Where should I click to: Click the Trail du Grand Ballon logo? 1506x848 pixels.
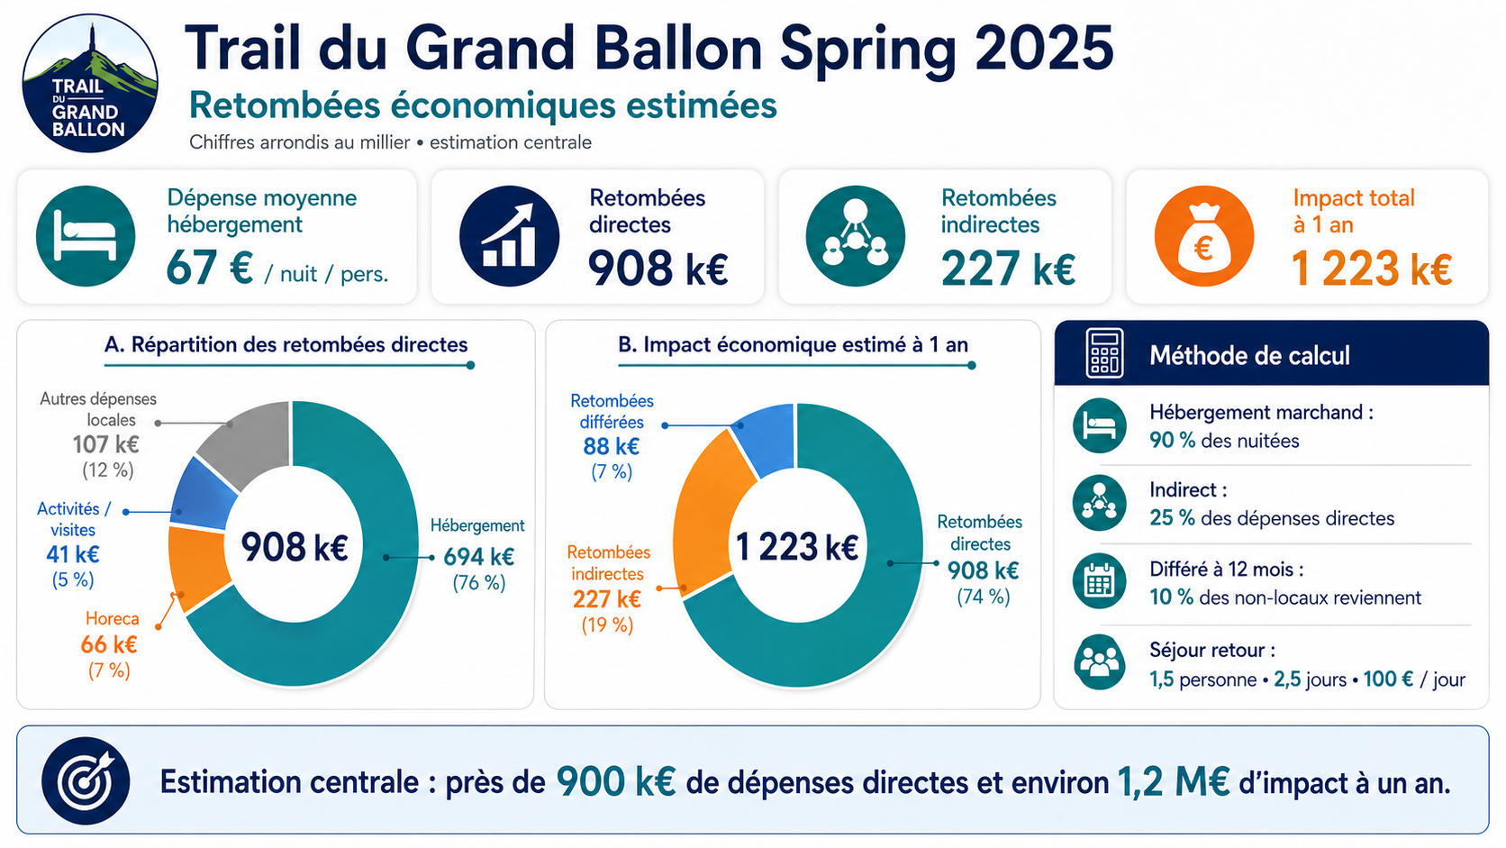pyautogui.click(x=90, y=84)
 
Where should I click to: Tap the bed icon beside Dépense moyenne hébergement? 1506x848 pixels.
pyautogui.click(x=86, y=236)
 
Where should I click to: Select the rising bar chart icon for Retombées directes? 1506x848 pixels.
pyautogui.click(x=509, y=236)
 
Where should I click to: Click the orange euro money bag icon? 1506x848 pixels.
pyautogui.click(x=1204, y=236)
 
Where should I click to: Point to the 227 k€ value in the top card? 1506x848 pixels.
pyautogui.click(x=1008, y=269)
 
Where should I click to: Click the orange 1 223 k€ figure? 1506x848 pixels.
pyautogui.click(x=1372, y=269)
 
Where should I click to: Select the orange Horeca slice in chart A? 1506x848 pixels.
pyautogui.click(x=197, y=569)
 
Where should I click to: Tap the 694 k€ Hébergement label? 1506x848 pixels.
pyautogui.click(x=478, y=557)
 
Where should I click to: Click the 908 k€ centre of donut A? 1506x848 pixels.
pyautogui.click(x=295, y=546)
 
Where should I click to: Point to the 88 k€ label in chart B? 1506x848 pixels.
pyautogui.click(x=612, y=446)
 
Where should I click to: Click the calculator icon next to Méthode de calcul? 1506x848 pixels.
pyautogui.click(x=1104, y=353)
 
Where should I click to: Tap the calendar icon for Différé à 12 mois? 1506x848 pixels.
pyautogui.click(x=1099, y=581)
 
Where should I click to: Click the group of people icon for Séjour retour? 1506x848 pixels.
pyautogui.click(x=1099, y=661)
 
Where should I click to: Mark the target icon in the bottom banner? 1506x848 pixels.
pyautogui.click(x=86, y=780)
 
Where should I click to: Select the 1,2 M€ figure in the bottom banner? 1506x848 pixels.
pyautogui.click(x=1174, y=781)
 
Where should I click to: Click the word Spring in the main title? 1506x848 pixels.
pyautogui.click(x=867, y=49)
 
